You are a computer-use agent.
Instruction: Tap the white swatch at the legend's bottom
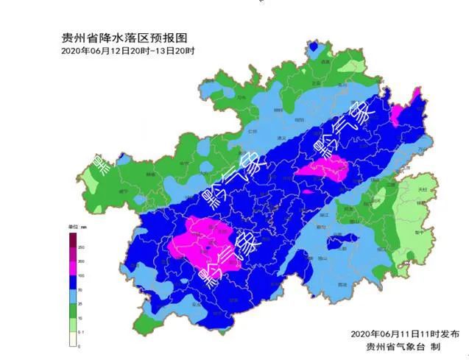71,339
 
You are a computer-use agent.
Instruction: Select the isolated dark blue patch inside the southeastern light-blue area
341,240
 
